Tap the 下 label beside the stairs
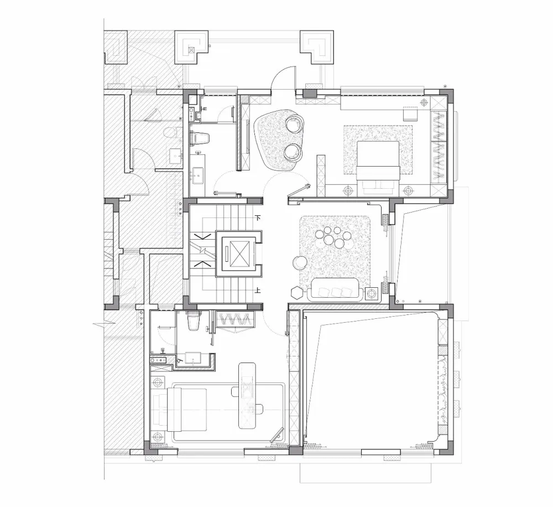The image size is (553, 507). [x=258, y=218]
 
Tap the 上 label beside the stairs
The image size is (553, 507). [x=258, y=290]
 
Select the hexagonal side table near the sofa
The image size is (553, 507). [x=296, y=292]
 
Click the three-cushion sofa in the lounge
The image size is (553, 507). [x=335, y=289]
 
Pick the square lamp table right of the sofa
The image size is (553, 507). [x=372, y=293]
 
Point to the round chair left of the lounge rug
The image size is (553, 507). [x=300, y=263]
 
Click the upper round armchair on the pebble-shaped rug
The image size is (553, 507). [x=294, y=123]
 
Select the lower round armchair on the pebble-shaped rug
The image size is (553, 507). [x=293, y=153]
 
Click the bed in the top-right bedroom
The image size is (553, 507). [x=378, y=168]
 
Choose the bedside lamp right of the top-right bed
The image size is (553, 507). [x=408, y=190]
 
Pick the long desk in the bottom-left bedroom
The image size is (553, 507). [x=247, y=395]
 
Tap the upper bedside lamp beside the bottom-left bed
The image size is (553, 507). [x=158, y=382]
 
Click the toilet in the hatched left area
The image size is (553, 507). [x=170, y=133]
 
